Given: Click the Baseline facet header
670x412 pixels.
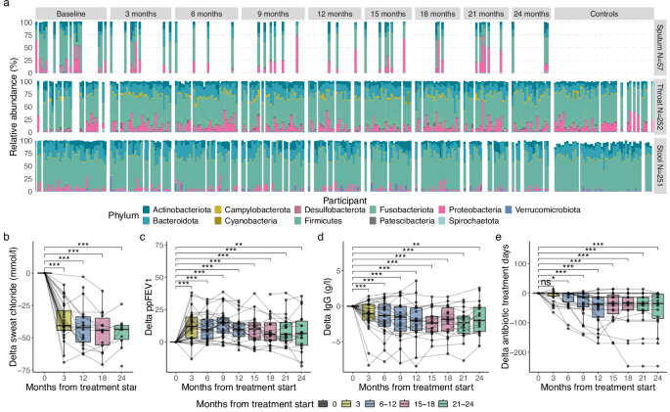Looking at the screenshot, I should pos(70,17).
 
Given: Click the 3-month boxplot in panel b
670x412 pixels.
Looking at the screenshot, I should pos(64,320).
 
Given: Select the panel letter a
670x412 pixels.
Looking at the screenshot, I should pos(6,6).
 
